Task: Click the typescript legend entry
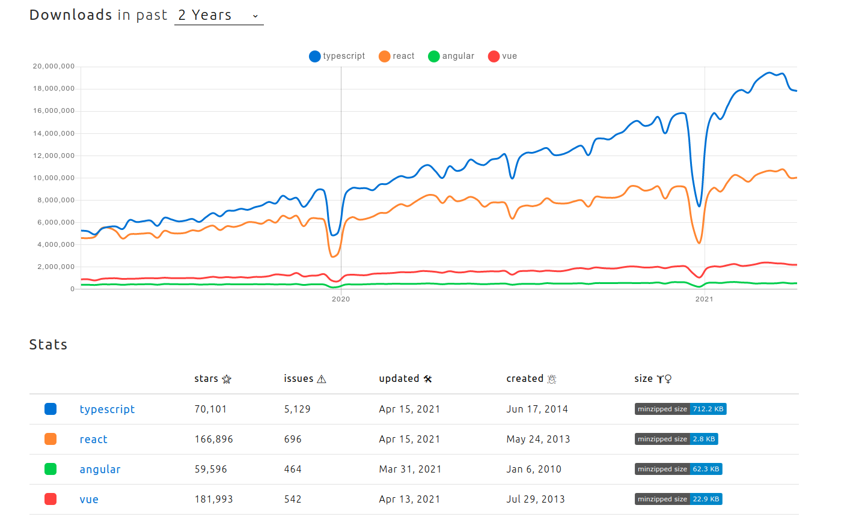pos(337,56)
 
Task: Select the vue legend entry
pos(503,56)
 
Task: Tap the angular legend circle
pos(433,56)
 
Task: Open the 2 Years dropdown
pos(219,16)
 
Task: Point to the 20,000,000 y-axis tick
pos(54,66)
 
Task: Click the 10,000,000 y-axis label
pos(54,178)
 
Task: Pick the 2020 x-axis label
pos(341,299)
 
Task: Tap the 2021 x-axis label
pos(704,299)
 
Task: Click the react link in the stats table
pos(94,440)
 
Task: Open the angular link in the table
pos(100,470)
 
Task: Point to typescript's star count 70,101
pos(210,410)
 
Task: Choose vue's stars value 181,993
pos(213,500)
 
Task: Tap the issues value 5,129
pos(297,410)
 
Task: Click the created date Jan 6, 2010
pos(534,470)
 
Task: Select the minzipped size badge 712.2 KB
pos(680,410)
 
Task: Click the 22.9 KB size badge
pos(678,500)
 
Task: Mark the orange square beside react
pos(50,440)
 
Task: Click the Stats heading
pos(48,345)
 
